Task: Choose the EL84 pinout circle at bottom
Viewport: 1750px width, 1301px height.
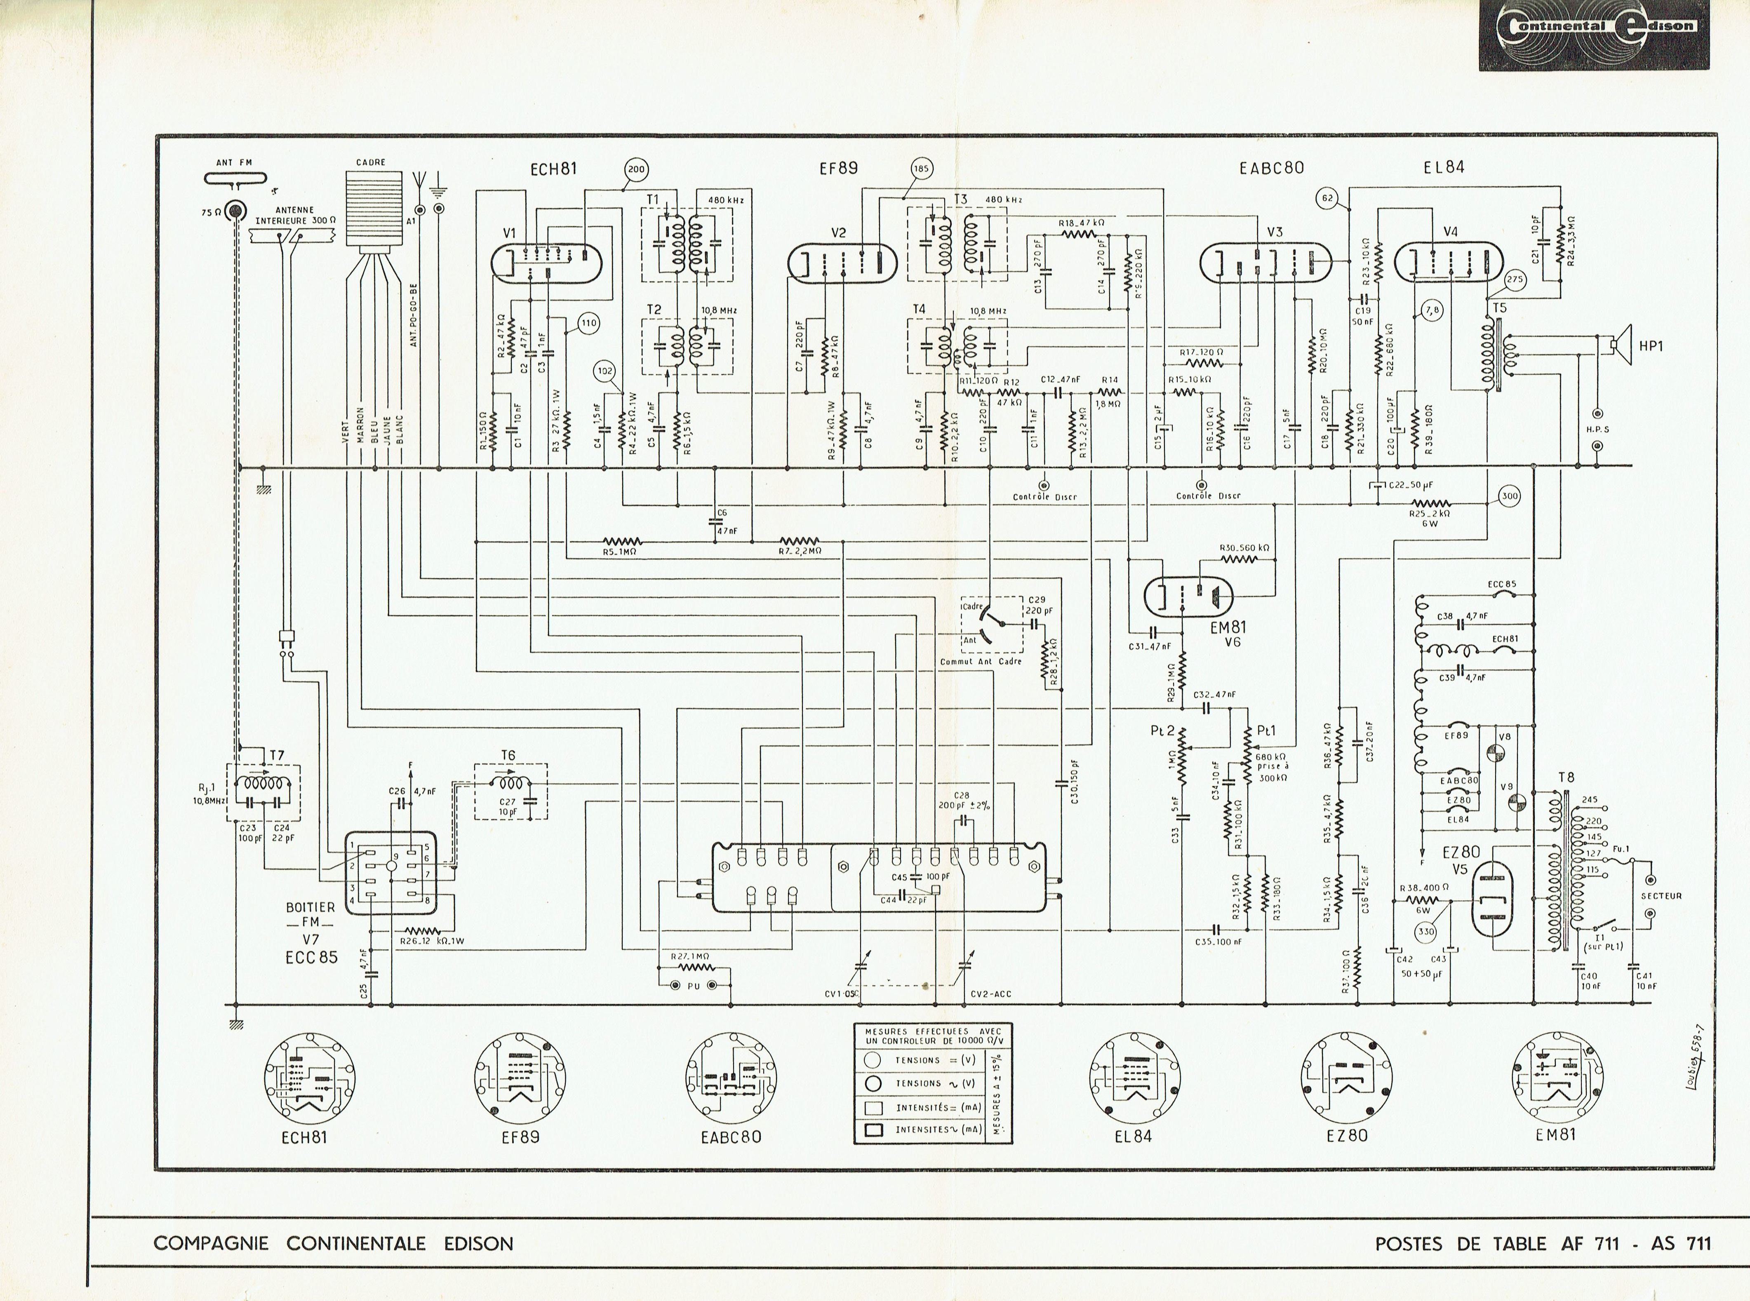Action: point(1135,1077)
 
